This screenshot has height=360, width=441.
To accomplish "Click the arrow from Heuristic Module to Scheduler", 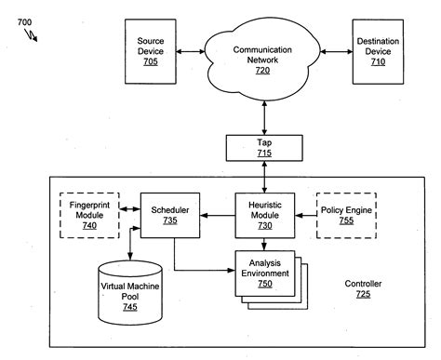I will [x=215, y=216].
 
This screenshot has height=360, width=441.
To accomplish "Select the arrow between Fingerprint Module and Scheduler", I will [x=127, y=216].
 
